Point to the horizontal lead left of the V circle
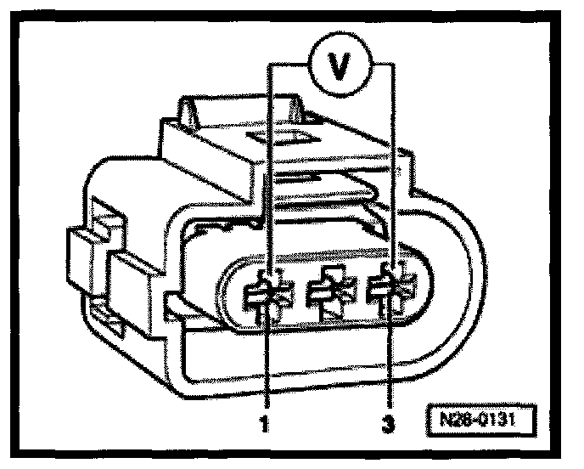(290, 64)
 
